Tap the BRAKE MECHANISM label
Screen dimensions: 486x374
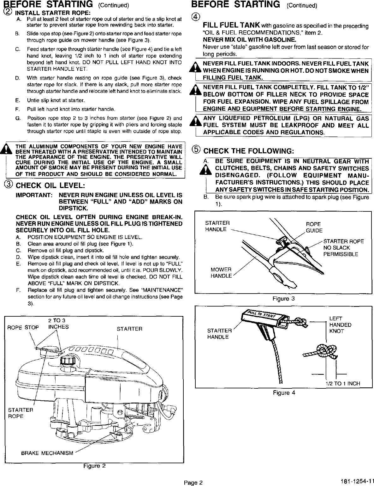tap(47, 453)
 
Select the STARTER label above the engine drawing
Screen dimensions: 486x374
tap(129, 329)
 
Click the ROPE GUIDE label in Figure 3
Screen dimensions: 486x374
tap(314, 227)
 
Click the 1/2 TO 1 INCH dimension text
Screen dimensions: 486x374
tap(343, 384)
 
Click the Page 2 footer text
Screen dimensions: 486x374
tap(193, 482)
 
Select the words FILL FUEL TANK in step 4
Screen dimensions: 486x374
tap(231, 25)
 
